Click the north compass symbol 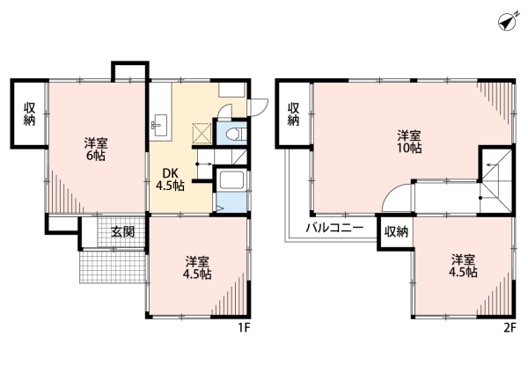tap(509, 21)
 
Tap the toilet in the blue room tap(233, 134)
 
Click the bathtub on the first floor tap(231, 180)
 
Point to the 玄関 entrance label tap(123, 231)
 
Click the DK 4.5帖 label tap(170, 179)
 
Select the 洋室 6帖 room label tap(96, 149)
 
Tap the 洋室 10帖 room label tap(409, 142)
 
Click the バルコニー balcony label tap(334, 228)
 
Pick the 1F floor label tap(244, 327)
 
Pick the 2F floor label tap(510, 327)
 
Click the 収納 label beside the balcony tap(396, 231)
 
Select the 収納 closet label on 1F tap(29, 113)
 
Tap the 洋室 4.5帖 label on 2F tap(464, 266)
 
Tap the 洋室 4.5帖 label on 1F tap(197, 268)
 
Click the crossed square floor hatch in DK tap(202, 134)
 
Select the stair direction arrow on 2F tap(492, 165)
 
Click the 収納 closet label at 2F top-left tap(293, 113)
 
